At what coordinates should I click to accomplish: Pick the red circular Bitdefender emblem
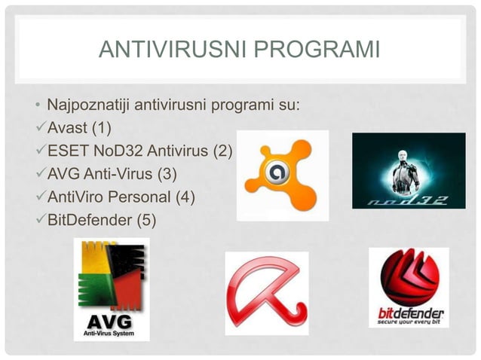(409, 276)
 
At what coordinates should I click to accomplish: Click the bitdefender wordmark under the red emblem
(409, 313)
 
